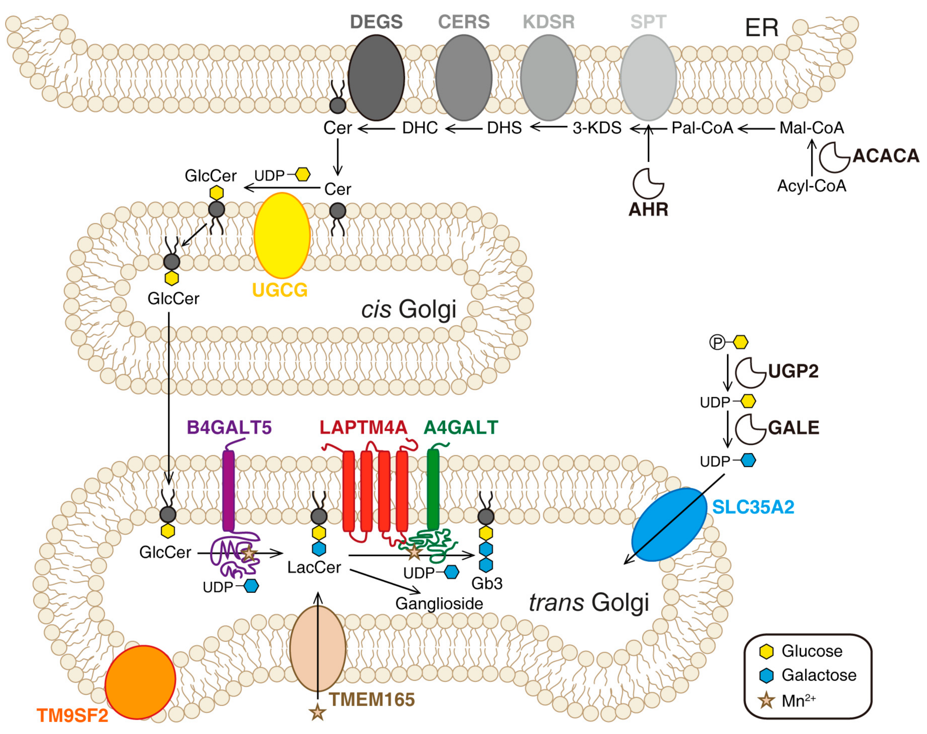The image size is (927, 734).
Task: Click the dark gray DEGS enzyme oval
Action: click(x=376, y=78)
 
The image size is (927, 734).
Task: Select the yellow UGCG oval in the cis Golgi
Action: click(x=282, y=235)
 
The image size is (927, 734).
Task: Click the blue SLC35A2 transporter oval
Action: click(x=669, y=524)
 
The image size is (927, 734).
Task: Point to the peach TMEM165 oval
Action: click(x=318, y=649)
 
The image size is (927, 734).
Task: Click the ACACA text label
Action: click(x=886, y=156)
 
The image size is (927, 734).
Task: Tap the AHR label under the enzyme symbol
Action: click(x=648, y=210)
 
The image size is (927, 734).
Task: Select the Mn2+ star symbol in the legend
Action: click(x=766, y=701)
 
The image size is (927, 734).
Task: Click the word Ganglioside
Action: click(x=439, y=604)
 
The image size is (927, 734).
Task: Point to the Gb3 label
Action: click(x=487, y=583)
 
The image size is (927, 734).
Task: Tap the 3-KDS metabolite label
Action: click(x=597, y=128)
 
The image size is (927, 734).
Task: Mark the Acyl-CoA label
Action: click(x=812, y=186)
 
